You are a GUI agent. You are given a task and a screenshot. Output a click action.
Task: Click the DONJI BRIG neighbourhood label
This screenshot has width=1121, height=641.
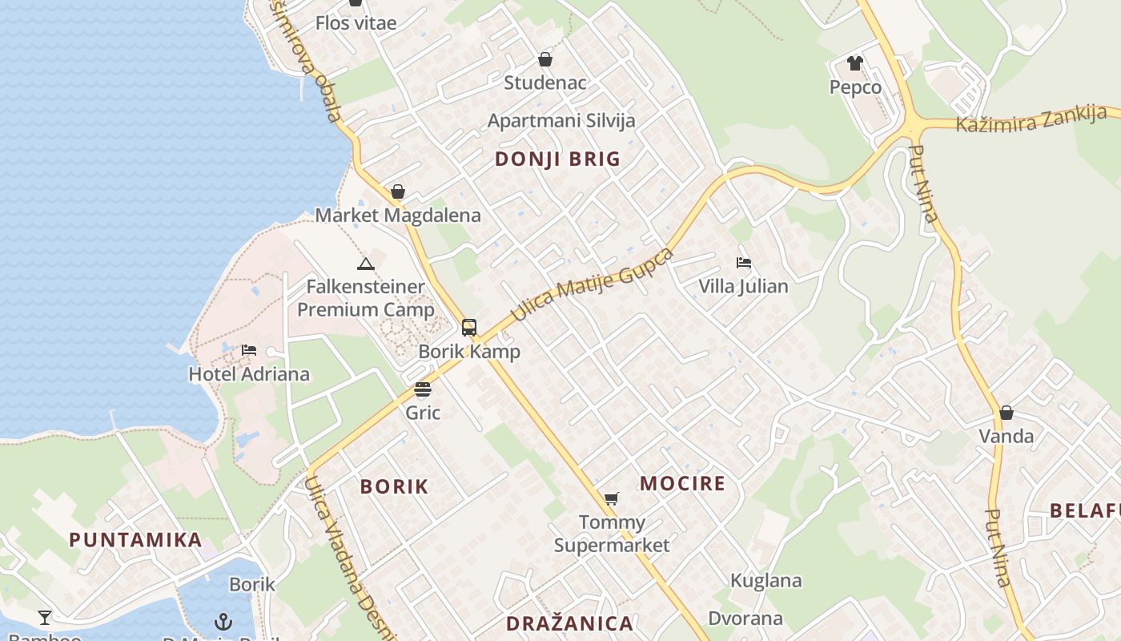[557, 159]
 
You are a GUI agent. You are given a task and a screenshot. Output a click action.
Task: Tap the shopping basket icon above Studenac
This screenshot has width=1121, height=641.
[545, 59]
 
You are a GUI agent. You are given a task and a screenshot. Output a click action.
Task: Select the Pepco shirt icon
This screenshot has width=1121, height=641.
[855, 63]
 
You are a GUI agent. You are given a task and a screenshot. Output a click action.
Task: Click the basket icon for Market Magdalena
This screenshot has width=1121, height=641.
[397, 192]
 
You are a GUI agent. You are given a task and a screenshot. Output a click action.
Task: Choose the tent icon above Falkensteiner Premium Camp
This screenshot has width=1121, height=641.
[365, 264]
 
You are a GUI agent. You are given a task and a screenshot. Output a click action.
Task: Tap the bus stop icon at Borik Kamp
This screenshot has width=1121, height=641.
[469, 327]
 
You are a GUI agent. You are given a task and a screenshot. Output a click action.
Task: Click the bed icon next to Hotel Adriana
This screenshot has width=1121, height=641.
[249, 350]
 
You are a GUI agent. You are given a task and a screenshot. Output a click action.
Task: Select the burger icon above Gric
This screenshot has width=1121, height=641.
[423, 389]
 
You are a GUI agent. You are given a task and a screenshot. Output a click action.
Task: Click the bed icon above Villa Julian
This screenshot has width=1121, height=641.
[743, 263]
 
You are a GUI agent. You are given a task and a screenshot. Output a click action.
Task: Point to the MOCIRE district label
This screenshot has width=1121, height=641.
[682, 483]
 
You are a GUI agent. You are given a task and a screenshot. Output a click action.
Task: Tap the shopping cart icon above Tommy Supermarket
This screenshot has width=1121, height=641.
[612, 499]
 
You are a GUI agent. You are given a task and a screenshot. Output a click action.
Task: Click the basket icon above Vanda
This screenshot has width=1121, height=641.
[1006, 413]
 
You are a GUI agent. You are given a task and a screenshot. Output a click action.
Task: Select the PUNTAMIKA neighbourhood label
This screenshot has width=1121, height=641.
[135, 539]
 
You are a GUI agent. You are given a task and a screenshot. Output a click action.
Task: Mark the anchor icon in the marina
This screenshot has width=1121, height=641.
[223, 621]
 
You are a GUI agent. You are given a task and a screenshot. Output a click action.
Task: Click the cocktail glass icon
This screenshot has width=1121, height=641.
[45, 617]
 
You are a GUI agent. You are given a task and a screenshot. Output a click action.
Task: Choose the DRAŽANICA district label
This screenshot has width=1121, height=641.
[569, 623]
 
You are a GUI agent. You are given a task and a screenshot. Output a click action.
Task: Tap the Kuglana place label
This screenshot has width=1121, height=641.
[765, 581]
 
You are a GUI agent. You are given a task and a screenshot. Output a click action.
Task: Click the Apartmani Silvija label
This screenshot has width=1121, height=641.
[561, 121]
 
